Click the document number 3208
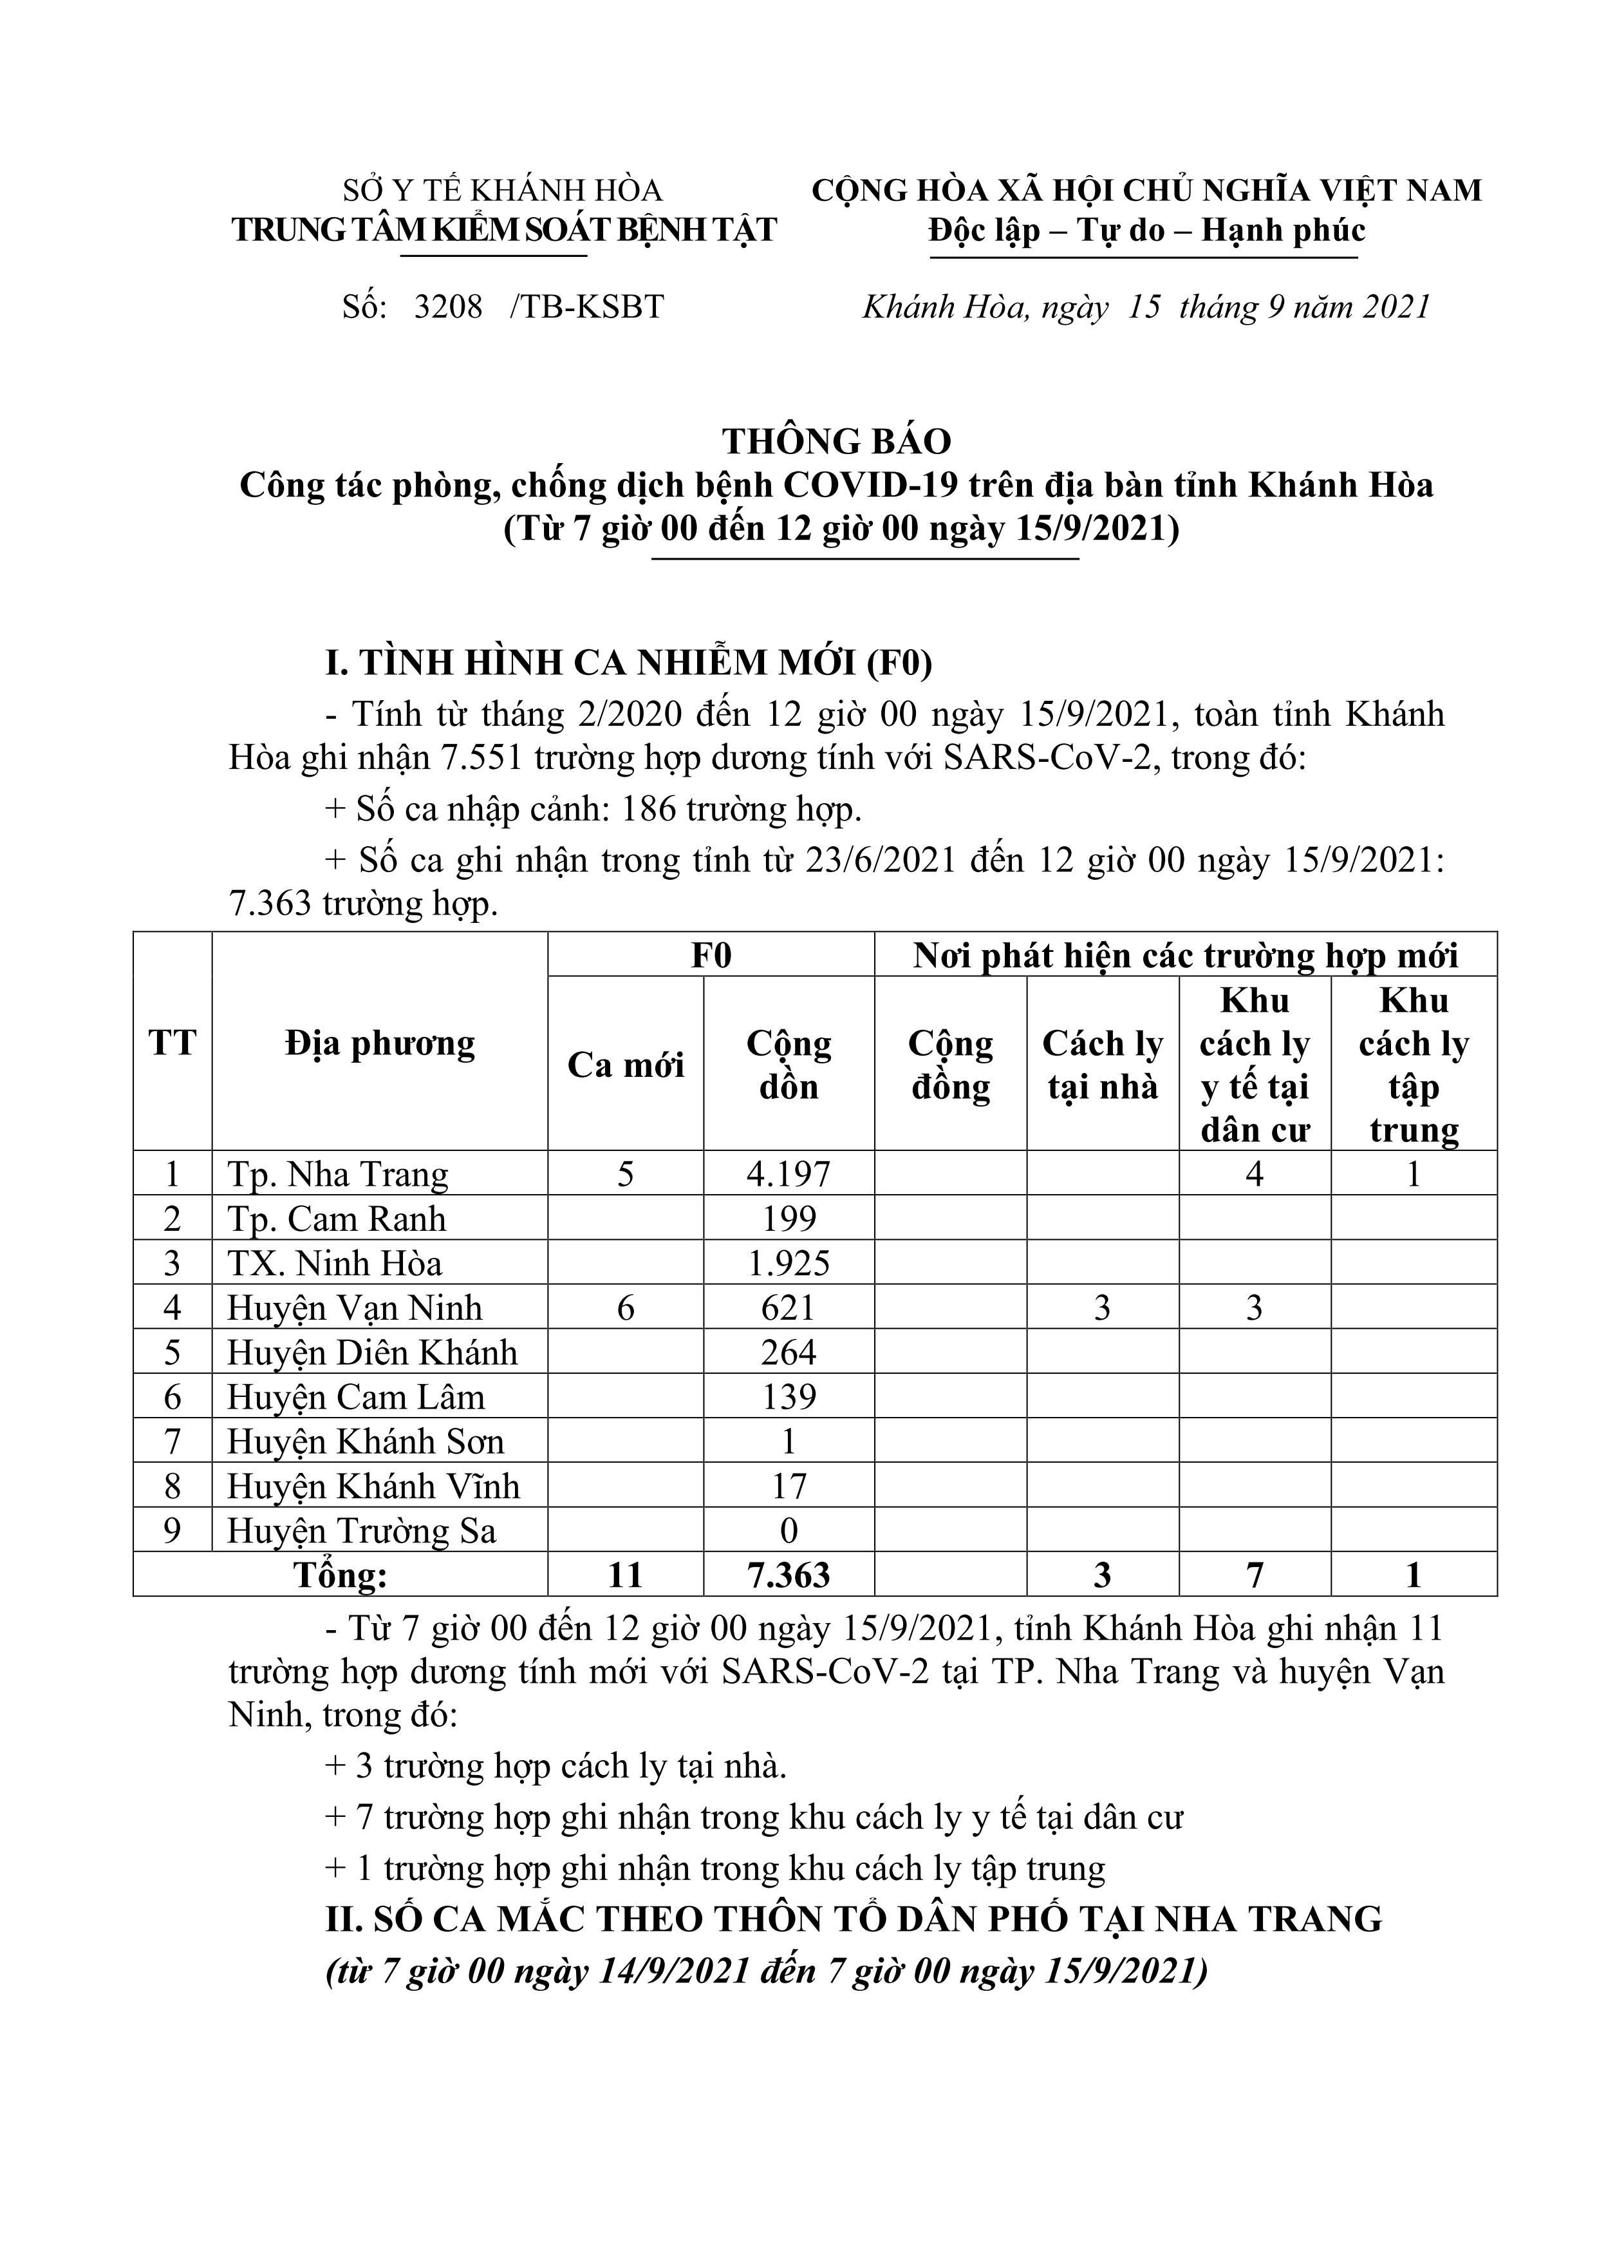(x=448, y=308)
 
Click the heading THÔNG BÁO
(x=837, y=442)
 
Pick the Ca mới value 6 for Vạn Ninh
(x=625, y=1309)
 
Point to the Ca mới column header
(x=625, y=1066)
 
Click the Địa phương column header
(x=380, y=1043)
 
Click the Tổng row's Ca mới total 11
(x=625, y=1576)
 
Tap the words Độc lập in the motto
(x=984, y=231)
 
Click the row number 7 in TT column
(x=173, y=1442)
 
